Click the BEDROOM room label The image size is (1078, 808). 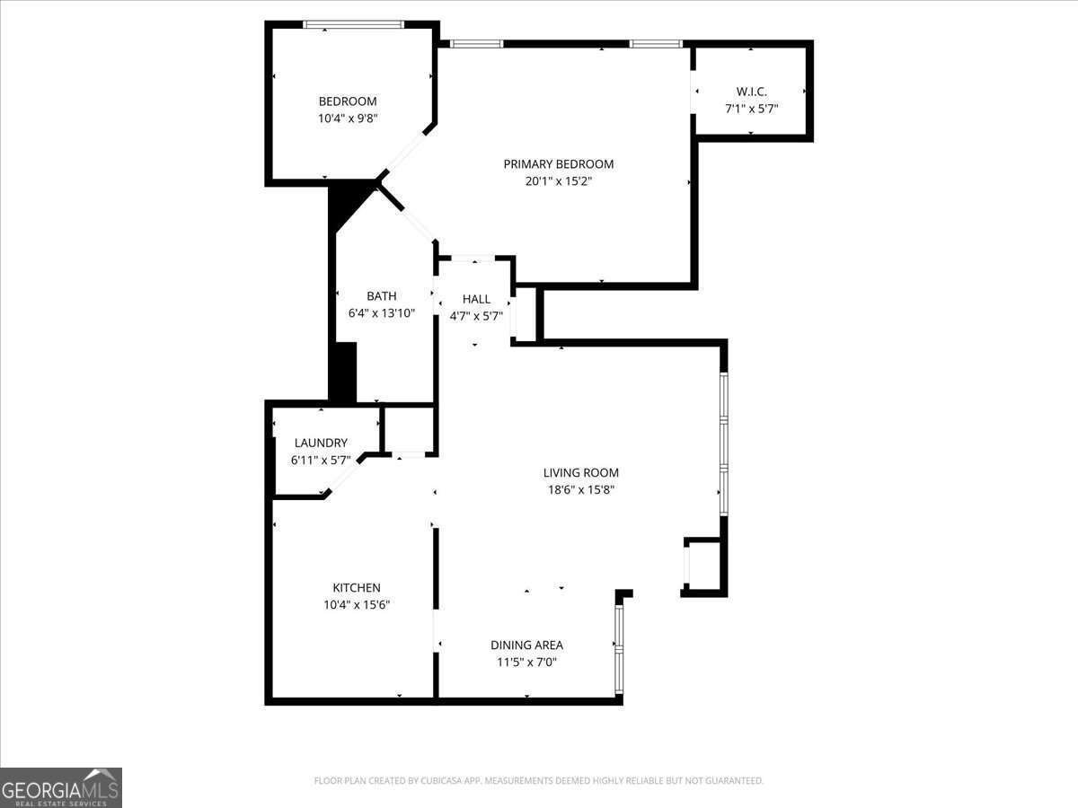(348, 101)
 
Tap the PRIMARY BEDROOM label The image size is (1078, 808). (558, 164)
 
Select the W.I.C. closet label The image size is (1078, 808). (751, 92)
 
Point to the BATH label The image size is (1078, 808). (381, 296)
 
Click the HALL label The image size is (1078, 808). (476, 299)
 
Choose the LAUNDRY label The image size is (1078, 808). (321, 443)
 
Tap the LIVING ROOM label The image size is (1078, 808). (580, 473)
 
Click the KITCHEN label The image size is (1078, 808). (357, 588)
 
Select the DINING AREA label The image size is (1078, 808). (526, 646)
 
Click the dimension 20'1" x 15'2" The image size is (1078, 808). (558, 181)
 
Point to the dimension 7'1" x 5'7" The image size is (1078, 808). (751, 109)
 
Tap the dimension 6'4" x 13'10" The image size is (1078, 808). (381, 313)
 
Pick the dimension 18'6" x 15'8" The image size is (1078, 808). (580, 490)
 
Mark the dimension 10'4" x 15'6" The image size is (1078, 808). (357, 605)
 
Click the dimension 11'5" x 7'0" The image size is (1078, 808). (526, 663)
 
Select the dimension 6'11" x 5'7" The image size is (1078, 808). (321, 460)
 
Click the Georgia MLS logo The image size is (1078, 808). (61, 787)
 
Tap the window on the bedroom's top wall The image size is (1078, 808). (352, 24)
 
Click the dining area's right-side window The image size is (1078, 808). (618, 650)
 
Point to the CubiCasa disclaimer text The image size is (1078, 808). (539, 781)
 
